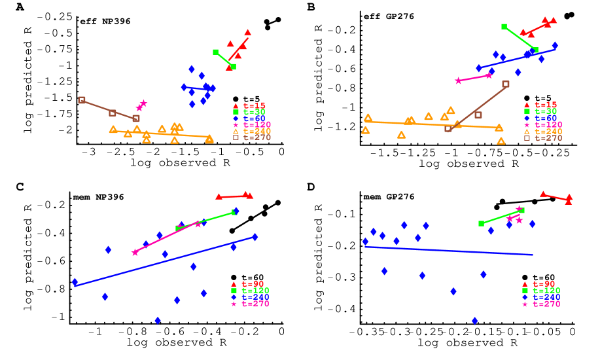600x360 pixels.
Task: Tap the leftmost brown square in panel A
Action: [x=82, y=100]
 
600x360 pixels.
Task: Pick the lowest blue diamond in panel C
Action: [x=157, y=321]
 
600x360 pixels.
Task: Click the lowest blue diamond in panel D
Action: [x=474, y=321]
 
